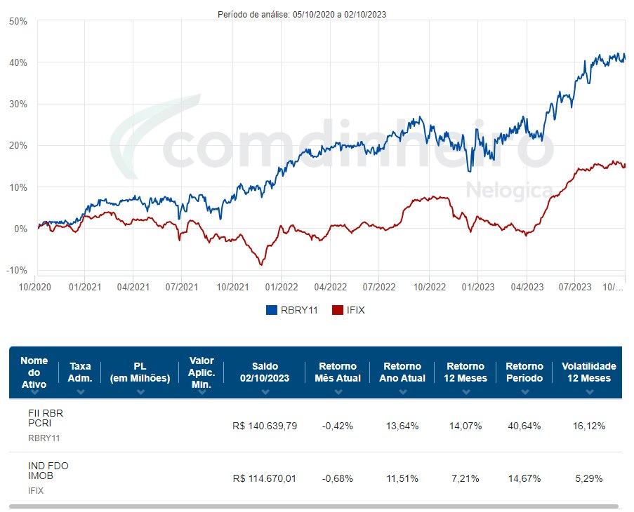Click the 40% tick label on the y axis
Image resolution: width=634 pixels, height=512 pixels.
pos(18,62)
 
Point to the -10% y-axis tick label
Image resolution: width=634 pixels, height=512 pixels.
pos(17,271)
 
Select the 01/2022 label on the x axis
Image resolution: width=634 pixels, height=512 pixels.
pos(281,287)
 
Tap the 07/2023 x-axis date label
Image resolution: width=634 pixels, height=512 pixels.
pos(575,287)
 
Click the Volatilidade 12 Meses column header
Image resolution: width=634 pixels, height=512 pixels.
pos(588,372)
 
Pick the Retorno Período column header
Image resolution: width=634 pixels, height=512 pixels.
pos(524,372)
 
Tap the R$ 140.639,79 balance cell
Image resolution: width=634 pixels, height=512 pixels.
pos(265,426)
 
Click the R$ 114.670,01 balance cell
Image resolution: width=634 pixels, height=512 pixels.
pos(265,478)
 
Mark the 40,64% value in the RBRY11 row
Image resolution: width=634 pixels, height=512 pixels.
pos(524,426)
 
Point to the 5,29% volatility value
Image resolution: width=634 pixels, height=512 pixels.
pos(588,478)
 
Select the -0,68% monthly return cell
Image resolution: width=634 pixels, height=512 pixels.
pos(338,478)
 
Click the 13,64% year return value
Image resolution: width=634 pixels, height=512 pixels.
pos(402,426)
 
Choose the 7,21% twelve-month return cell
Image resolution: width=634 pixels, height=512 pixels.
pos(465,478)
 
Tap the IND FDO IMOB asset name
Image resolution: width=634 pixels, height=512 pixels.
pos(48,471)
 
